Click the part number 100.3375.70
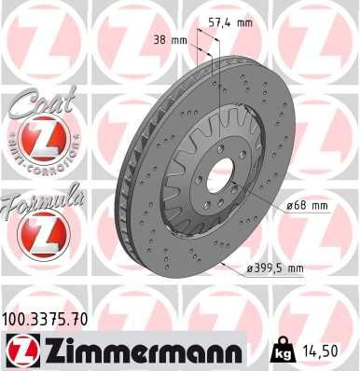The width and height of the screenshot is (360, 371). tap(47, 319)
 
